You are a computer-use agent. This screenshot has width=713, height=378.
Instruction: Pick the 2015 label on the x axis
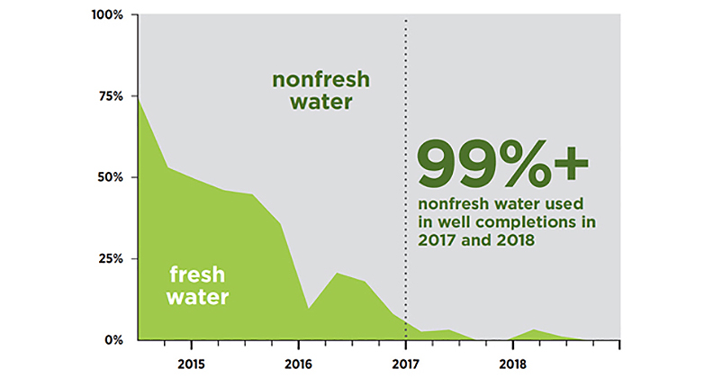pos(191,364)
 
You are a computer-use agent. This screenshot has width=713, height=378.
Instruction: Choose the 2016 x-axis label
pos(298,364)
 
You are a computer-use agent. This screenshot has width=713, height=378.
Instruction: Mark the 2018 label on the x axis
pos(512,364)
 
